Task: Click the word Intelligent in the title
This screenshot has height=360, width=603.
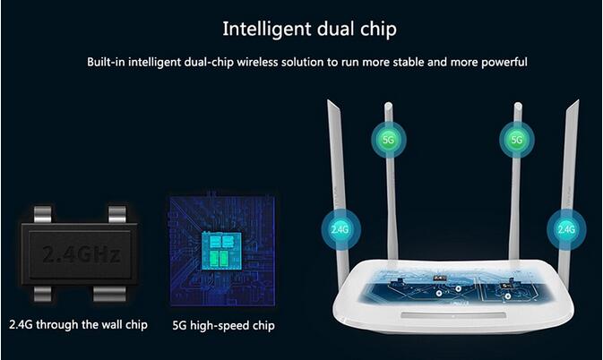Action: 267,30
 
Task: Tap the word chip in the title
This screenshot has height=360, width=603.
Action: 378,30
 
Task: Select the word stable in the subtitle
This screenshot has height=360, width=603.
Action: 409,62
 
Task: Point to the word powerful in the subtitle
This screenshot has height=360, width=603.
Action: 504,62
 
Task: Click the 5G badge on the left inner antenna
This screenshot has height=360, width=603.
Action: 389,140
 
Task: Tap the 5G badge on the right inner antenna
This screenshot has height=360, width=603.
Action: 517,140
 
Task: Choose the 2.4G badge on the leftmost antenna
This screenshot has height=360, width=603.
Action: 340,229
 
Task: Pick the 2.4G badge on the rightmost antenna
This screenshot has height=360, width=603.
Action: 566,229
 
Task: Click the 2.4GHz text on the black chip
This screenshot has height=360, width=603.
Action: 82,254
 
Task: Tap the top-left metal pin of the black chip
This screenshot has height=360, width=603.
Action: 42,214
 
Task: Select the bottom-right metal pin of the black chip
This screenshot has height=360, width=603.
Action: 109,294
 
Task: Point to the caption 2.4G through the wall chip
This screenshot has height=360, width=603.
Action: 79,325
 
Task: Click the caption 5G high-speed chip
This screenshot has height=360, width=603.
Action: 223,325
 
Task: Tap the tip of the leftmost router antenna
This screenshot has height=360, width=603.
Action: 328,100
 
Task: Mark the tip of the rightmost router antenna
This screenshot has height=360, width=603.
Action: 578,100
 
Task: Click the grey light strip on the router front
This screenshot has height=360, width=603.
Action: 453,315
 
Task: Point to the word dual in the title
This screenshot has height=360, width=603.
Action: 335,30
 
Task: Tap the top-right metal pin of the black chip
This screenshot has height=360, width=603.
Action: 117,214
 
